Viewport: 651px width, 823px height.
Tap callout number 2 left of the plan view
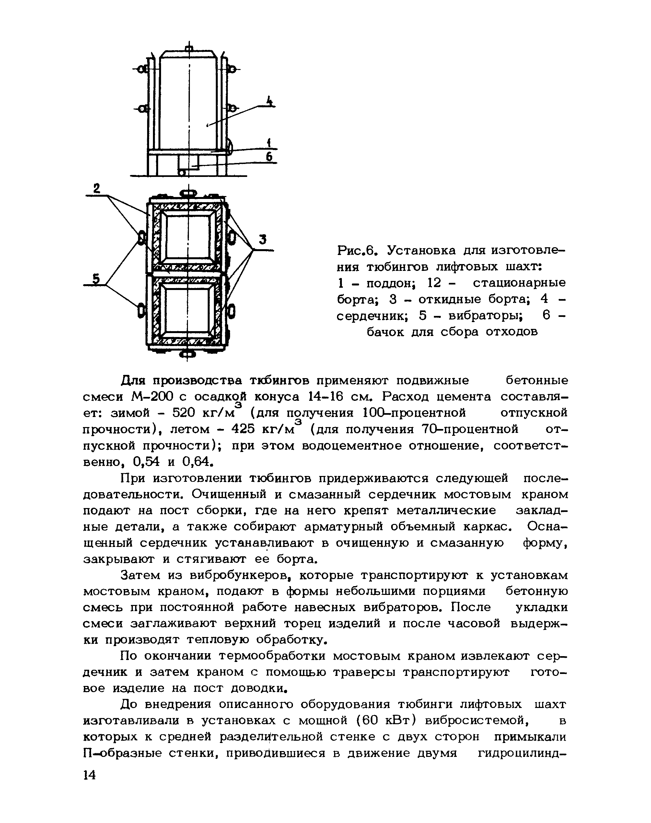coord(97,188)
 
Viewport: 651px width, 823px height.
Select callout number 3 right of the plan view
coord(262,240)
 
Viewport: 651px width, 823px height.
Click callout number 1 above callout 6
coord(269,143)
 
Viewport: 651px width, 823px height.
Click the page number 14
coord(89,775)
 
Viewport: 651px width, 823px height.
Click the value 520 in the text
coord(184,413)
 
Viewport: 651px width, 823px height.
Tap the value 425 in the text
coord(243,429)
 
